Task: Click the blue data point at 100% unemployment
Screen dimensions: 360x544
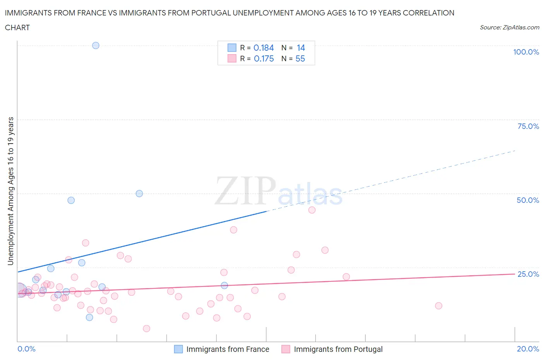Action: click(96, 45)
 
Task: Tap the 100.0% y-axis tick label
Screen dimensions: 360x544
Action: click(526, 52)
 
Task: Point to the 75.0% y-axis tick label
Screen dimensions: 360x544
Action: click(528, 126)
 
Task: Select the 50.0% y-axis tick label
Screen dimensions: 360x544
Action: click(528, 200)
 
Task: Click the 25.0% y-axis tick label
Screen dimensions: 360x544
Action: click(528, 274)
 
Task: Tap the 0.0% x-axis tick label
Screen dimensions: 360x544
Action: click(26, 349)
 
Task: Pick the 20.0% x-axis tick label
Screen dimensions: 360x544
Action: click(528, 349)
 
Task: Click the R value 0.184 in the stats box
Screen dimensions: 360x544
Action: click(263, 48)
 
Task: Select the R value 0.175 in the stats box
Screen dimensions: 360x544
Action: click(263, 58)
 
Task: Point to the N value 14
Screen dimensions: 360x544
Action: click(301, 48)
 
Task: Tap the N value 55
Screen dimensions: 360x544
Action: click(300, 58)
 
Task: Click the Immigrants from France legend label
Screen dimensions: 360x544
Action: click(228, 349)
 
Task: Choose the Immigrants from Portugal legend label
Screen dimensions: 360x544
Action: click(338, 349)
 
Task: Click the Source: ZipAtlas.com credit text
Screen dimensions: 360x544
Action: click(509, 27)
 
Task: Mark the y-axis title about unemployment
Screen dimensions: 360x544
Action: click(10, 191)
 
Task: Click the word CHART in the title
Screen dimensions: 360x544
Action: click(17, 27)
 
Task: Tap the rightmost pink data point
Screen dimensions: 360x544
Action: click(438, 306)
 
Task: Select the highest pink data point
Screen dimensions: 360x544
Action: click(312, 210)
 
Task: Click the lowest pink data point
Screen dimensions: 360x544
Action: click(146, 329)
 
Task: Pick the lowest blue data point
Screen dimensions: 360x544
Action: click(89, 317)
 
